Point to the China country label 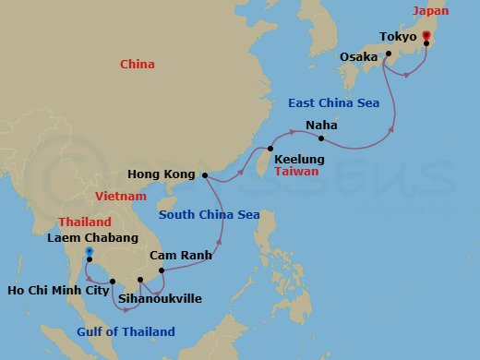(138, 64)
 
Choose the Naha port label (322, 125)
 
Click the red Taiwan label (296, 172)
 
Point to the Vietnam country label (120, 197)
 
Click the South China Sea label (208, 215)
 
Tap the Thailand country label (84, 222)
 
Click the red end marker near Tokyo (426, 36)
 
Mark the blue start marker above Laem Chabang (89, 251)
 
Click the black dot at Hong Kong (203, 174)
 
